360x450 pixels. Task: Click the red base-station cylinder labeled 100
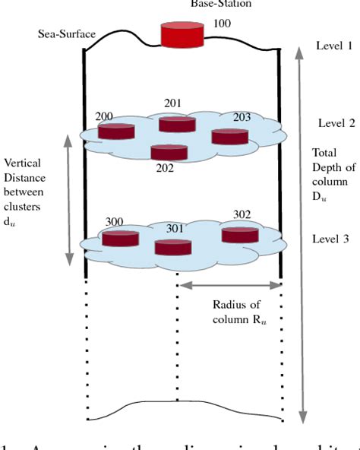pyautogui.click(x=183, y=34)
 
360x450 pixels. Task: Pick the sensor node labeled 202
pyautogui.click(x=169, y=151)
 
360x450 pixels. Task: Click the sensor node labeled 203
pyautogui.click(x=229, y=135)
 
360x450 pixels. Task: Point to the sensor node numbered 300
pyautogui.click(x=121, y=239)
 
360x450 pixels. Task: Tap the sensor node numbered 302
pyautogui.click(x=240, y=234)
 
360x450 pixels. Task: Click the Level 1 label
pyautogui.click(x=334, y=46)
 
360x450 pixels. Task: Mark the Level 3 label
pyautogui.click(x=331, y=239)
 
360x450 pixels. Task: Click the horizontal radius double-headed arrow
pyautogui.click(x=229, y=285)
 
